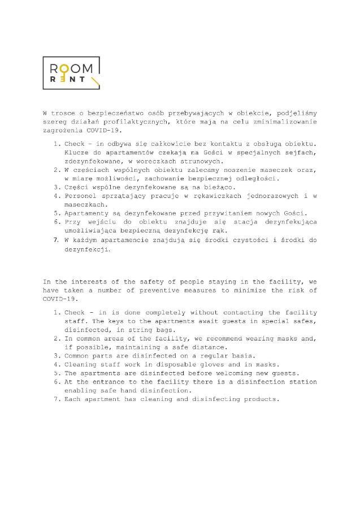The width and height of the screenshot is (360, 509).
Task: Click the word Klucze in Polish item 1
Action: [76, 153]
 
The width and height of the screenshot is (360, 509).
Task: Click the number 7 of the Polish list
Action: [56, 240]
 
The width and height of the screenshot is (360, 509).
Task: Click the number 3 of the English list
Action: [56, 356]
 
